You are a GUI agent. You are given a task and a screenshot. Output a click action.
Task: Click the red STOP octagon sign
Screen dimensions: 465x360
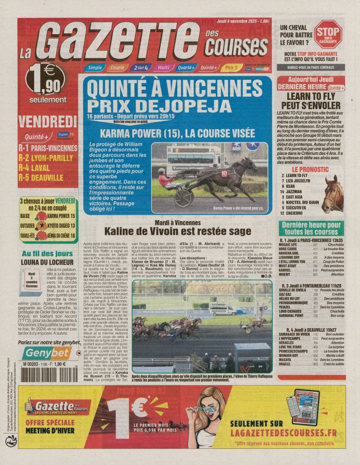tap(328, 34)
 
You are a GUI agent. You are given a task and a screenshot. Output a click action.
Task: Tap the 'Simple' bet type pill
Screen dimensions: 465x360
tap(94, 68)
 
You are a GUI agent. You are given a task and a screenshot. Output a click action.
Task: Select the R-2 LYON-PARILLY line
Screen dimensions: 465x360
tap(45, 158)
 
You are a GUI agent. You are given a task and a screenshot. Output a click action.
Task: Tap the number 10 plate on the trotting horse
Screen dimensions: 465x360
tap(224, 172)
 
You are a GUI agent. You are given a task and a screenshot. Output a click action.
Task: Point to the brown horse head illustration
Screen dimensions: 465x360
tap(333, 194)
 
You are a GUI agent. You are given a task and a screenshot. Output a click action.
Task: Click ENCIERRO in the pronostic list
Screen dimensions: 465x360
tap(298, 213)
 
